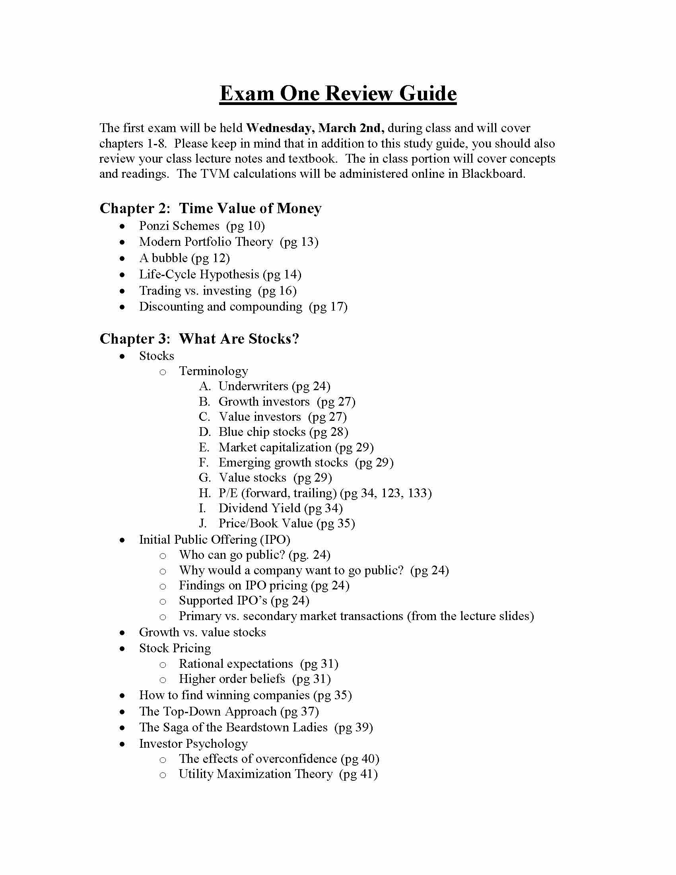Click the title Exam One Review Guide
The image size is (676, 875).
coord(338,94)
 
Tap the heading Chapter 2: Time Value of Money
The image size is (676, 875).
coord(210,208)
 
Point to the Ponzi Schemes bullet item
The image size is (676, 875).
coord(202,226)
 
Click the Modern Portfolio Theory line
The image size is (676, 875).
coord(228,242)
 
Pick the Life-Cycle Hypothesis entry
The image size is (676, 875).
coord(220,274)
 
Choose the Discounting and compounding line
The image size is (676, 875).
coord(243,307)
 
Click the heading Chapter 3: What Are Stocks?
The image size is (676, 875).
coord(199,339)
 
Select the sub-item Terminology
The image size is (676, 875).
coord(213,371)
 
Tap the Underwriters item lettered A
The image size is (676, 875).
coord(274,386)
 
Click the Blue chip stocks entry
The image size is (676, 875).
coord(283,432)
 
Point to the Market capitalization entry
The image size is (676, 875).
coord(295,447)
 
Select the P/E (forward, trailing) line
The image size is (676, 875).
coord(325,493)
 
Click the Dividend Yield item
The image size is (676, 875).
coord(280,508)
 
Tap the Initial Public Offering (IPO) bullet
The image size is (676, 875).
coord(214,540)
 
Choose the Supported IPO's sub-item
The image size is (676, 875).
coord(244,601)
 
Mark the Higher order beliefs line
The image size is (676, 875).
coord(254,679)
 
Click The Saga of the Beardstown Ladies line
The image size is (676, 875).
coord(256,727)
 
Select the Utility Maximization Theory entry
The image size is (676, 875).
coord(278,774)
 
